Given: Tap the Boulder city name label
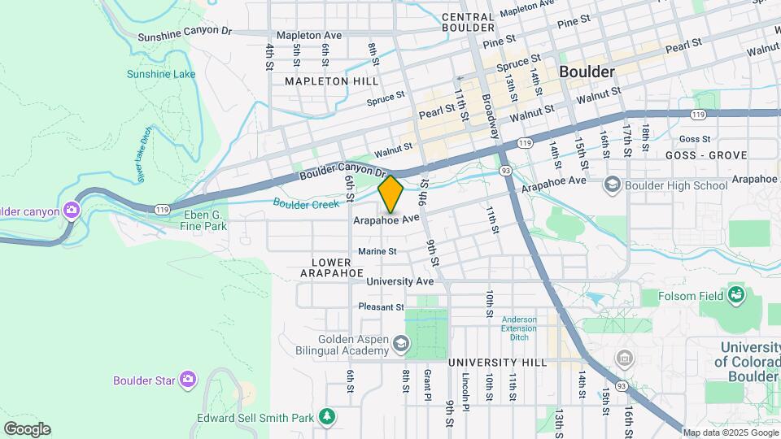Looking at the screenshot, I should [x=587, y=72].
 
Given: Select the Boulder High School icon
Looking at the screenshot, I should [x=612, y=185].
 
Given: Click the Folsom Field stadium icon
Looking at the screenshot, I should [x=737, y=295].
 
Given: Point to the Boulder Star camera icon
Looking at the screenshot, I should [x=189, y=379].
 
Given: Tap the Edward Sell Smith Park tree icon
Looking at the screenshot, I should [x=327, y=417].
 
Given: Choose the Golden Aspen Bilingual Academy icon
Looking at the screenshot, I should [x=399, y=344].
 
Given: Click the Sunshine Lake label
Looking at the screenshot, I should [x=161, y=74].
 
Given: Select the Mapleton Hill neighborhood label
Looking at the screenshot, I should [x=331, y=81].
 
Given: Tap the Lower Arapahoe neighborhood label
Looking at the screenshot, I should [x=331, y=267].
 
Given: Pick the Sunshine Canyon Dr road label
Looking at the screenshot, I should [x=185, y=33].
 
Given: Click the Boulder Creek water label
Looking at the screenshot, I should [x=305, y=204].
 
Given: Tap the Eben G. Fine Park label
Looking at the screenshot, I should [x=205, y=219].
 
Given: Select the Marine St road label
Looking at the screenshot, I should [x=377, y=252].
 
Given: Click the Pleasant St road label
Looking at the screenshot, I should [x=381, y=307].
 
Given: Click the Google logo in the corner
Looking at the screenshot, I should [x=27, y=429].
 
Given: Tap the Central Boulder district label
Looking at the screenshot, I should [x=468, y=23].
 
